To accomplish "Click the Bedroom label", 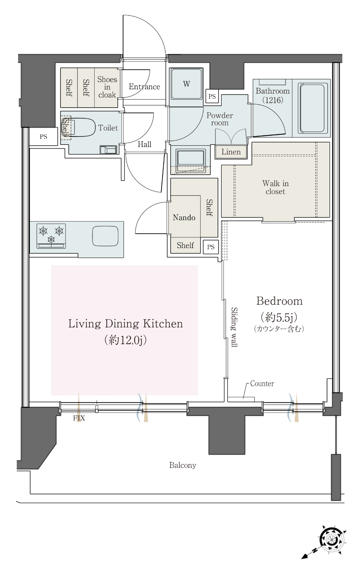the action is click(279, 301).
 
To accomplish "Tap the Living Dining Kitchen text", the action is click(125, 324).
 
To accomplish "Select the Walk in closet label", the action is click(275, 187).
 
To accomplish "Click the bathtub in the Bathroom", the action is click(312, 108).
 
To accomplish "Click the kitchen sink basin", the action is click(105, 236).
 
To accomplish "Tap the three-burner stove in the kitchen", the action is click(51, 236).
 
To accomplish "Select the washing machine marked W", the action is click(186, 84).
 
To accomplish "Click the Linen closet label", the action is click(231, 152).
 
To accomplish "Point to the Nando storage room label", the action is click(184, 218).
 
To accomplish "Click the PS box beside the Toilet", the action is click(44, 137).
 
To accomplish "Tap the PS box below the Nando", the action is click(210, 247).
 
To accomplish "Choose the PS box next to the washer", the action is click(212, 96).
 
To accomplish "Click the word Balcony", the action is click(183, 465).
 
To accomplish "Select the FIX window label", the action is click(79, 418).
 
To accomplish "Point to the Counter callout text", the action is click(262, 383).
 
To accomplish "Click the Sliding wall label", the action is click(234, 327).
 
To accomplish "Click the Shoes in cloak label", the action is click(107, 87).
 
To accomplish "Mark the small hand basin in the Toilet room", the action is click(108, 150).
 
